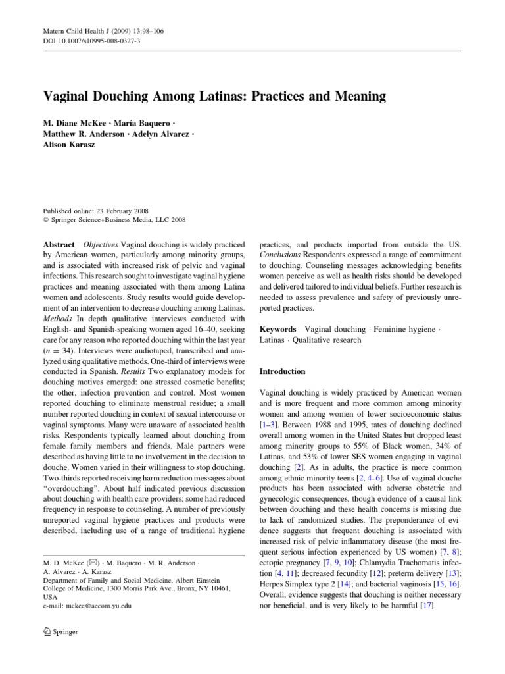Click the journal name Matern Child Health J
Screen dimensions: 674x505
coord(74,30)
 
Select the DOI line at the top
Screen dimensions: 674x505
coord(86,40)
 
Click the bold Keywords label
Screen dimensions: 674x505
coord(277,328)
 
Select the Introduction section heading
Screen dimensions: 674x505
coord(282,371)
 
